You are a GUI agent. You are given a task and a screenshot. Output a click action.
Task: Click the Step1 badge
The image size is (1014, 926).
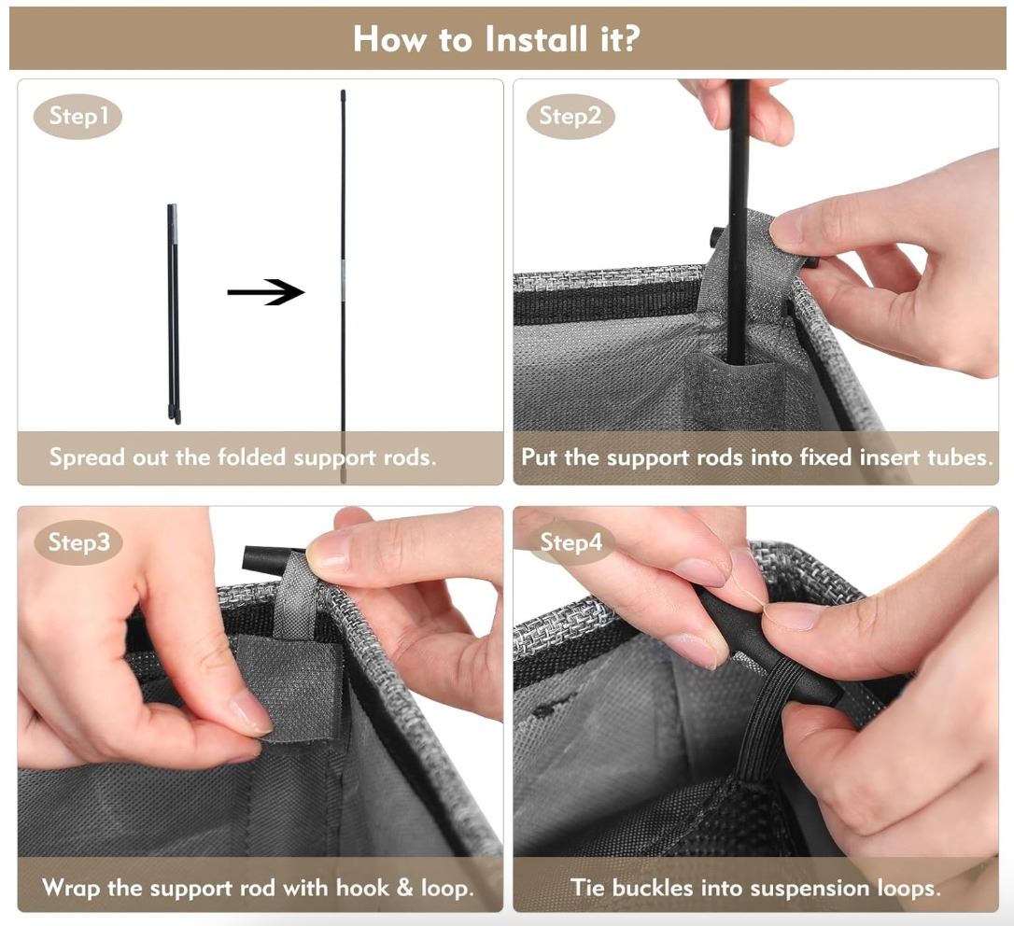(77, 117)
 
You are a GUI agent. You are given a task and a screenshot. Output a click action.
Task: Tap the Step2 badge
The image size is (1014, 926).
(570, 117)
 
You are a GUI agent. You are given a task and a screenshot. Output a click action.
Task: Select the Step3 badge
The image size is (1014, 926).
(78, 542)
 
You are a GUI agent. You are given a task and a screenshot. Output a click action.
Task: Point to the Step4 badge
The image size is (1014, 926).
(571, 542)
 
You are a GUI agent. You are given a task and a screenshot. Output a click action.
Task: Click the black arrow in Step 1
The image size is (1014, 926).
(265, 292)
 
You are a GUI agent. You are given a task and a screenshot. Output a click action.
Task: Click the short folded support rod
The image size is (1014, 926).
(174, 315)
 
